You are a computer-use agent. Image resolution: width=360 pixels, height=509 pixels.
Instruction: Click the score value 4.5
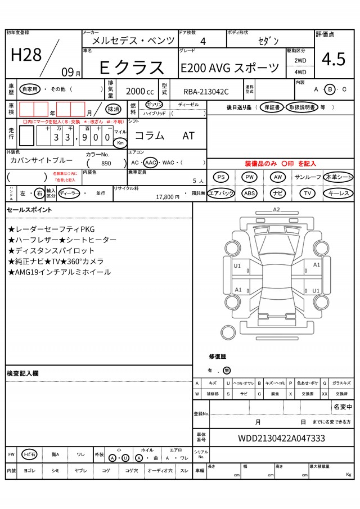(x=334, y=58)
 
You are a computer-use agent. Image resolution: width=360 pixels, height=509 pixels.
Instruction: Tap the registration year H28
(x=26, y=55)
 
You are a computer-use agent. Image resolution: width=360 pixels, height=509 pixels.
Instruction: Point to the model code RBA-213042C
(x=206, y=92)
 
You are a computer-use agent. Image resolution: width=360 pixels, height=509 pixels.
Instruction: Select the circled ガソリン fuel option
(x=154, y=105)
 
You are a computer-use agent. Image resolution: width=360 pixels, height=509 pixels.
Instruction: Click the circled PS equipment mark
(x=222, y=177)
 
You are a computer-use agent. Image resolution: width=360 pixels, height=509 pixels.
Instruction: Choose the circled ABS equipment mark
(x=250, y=193)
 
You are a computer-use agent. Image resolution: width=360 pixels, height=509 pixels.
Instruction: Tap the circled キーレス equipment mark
(x=339, y=193)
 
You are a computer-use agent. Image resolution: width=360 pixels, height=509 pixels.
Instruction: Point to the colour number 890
(x=106, y=163)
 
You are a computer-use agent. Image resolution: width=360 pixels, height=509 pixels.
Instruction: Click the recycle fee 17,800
(x=164, y=197)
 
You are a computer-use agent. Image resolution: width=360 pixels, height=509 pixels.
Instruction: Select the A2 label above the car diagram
(x=276, y=209)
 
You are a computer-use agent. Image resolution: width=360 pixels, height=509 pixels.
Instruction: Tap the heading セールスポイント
(x=29, y=210)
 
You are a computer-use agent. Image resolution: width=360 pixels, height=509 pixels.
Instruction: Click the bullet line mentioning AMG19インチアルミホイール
(x=60, y=272)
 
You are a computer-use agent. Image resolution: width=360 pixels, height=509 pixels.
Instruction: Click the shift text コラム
(x=150, y=136)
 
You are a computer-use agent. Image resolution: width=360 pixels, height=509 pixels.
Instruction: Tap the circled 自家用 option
(x=29, y=89)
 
